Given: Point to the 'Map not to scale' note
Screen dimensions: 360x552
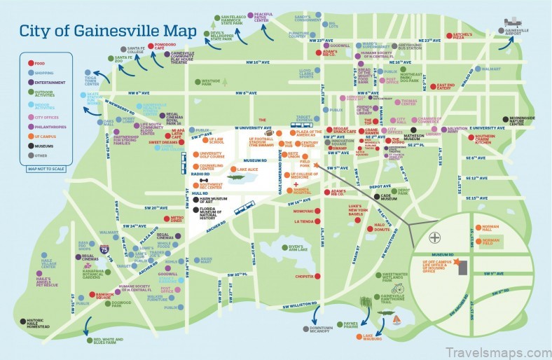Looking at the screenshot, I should (45, 188).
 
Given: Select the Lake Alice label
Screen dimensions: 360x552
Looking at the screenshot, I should (247, 170).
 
